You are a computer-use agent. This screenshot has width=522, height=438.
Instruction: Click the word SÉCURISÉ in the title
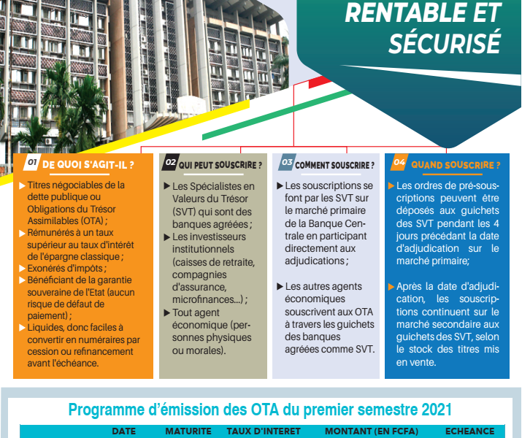point(445,42)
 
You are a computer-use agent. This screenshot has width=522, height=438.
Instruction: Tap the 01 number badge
point(32,162)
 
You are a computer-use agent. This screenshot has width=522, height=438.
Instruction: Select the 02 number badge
point(170,162)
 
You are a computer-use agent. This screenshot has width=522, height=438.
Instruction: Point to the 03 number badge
point(287,162)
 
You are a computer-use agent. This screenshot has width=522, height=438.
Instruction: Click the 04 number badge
point(399,162)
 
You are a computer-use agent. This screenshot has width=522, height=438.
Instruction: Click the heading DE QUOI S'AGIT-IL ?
point(88,165)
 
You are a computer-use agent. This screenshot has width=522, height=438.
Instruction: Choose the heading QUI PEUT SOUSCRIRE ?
point(220,165)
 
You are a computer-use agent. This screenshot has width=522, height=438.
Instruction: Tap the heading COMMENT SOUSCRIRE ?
point(334,165)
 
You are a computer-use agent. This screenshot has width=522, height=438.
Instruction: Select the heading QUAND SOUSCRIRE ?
point(456,165)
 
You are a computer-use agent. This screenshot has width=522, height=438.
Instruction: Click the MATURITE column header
point(188,431)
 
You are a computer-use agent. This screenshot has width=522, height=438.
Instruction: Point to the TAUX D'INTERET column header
point(264,431)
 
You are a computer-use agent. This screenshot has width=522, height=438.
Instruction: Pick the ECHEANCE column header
point(469,431)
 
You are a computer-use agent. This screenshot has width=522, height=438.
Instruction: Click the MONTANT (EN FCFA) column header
point(372,431)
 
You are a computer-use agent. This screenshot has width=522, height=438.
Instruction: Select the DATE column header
point(124,431)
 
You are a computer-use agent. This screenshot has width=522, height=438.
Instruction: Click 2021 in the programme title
point(437,410)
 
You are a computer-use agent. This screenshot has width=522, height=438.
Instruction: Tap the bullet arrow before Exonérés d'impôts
point(23,268)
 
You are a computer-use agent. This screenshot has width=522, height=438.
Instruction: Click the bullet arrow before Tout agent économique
point(167,313)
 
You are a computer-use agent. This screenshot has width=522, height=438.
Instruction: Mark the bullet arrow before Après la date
point(391,287)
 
